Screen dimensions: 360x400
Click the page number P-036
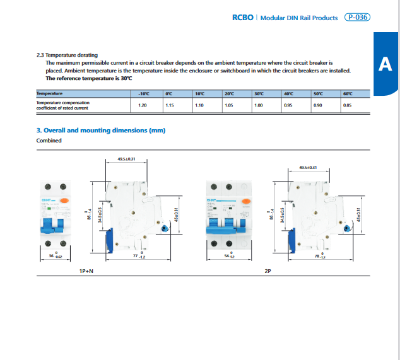[358, 18]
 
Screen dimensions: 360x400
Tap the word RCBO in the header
[243, 18]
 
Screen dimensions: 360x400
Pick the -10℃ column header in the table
[143, 93]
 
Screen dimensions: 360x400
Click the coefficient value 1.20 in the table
[143, 105]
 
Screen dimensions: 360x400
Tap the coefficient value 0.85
[347, 105]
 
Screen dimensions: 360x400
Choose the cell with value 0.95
[288, 105]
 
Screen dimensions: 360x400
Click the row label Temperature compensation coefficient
[63, 105]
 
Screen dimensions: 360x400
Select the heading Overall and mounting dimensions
[104, 130]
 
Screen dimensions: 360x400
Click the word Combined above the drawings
[49, 141]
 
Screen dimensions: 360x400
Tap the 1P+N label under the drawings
[87, 270]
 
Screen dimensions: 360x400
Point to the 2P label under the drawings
[268, 270]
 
